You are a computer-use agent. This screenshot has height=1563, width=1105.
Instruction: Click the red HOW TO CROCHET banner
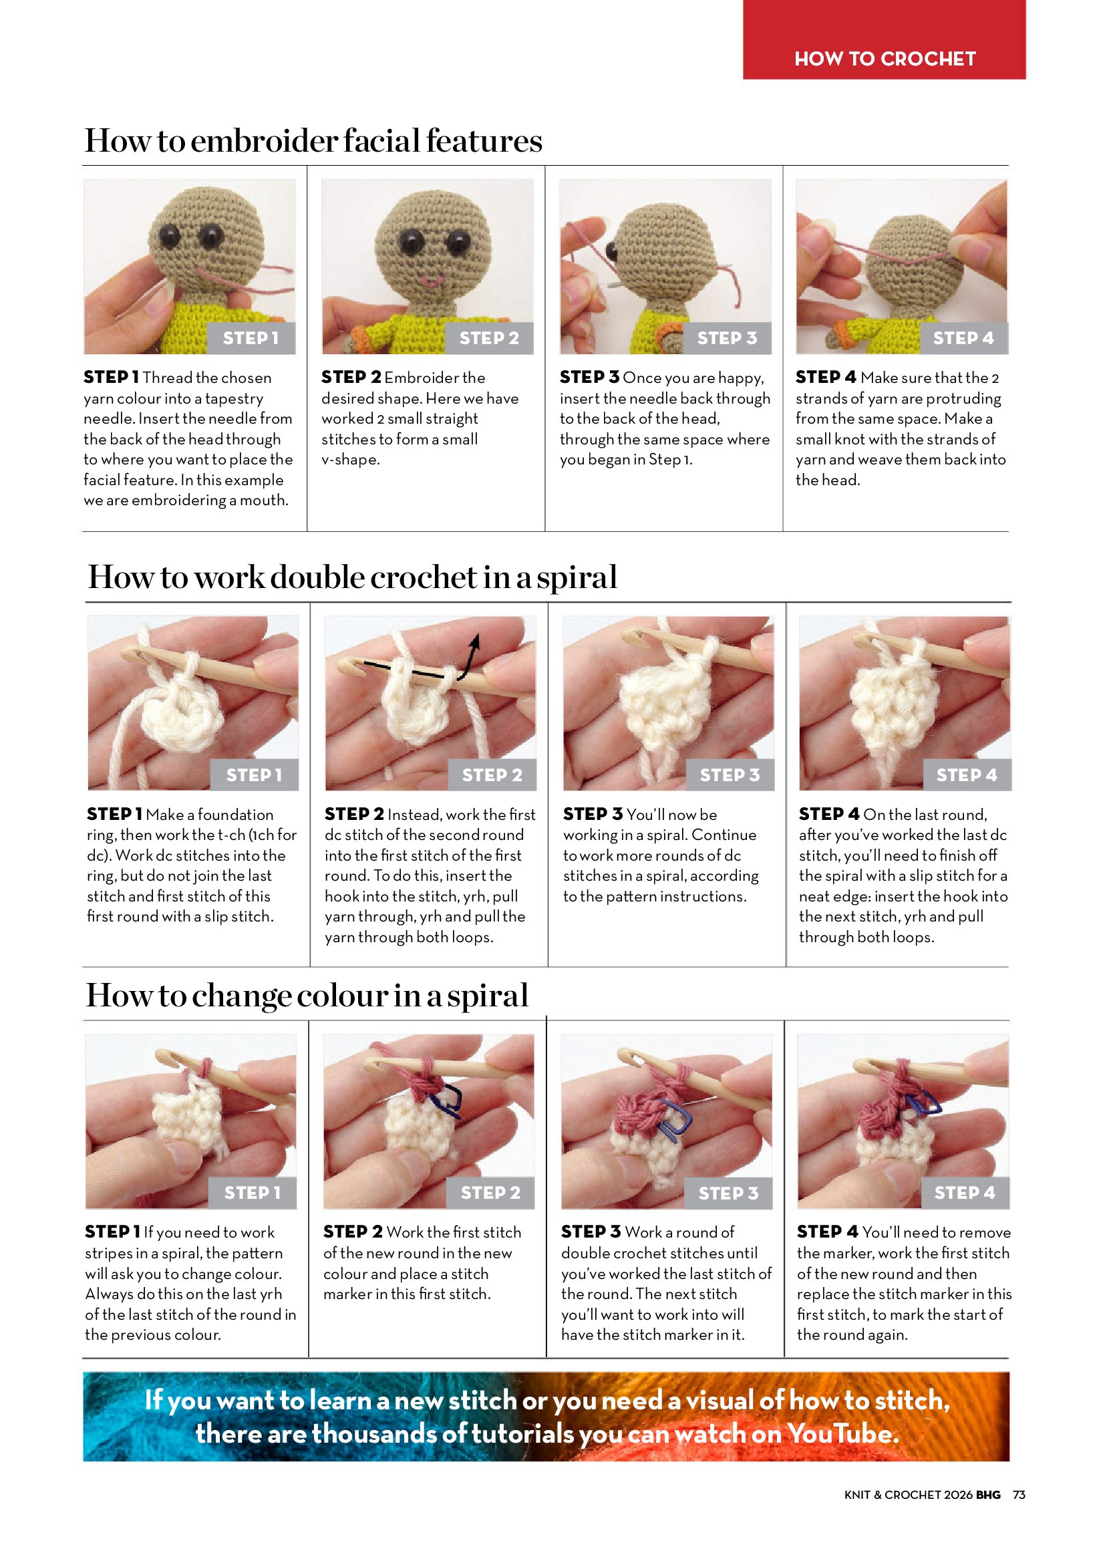point(884,40)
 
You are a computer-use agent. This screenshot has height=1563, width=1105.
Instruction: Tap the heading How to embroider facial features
point(313,141)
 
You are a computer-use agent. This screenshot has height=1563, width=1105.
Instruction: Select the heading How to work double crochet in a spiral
point(352,577)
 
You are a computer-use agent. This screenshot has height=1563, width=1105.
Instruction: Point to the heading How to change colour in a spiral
point(307,995)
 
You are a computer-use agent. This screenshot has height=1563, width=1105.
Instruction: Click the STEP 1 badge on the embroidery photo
point(251,337)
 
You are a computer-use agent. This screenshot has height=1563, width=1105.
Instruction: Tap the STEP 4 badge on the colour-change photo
point(965,1193)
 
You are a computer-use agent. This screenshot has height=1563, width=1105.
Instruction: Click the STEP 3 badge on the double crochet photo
point(730,774)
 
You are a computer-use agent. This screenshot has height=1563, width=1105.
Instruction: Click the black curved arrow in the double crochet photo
point(469,657)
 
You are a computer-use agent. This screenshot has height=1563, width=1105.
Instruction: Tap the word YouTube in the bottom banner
point(843,1434)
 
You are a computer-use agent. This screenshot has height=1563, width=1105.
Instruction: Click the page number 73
point(1019,1495)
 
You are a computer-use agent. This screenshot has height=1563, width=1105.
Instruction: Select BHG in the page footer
point(988,1495)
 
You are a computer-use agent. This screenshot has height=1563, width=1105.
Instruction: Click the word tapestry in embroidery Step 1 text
point(234,399)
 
